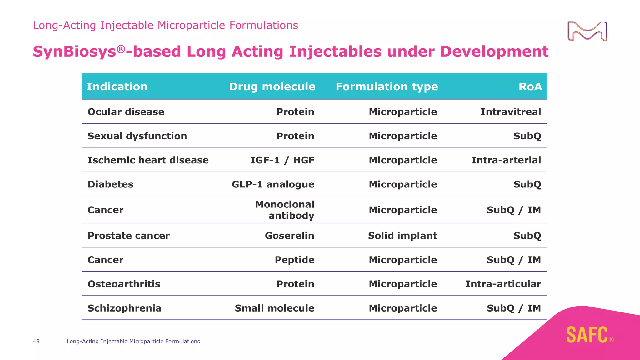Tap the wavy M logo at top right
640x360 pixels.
tap(587, 31)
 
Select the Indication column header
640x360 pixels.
tap(117, 87)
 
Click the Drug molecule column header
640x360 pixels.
tap(272, 87)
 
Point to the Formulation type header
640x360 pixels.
tap(387, 87)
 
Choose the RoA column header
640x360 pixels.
tap(530, 87)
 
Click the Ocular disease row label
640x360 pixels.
tap(126, 112)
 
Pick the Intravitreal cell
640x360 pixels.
tap(510, 112)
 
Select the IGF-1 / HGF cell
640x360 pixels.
tap(282, 160)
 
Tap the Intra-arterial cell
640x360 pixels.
tap(506, 160)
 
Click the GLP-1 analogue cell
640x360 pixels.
tap(273, 184)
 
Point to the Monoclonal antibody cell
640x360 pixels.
tap(285, 210)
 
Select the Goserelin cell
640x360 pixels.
tap(289, 236)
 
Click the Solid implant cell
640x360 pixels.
tap(402, 236)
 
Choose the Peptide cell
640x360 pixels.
tap(294, 260)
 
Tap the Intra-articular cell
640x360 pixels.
tap(503, 284)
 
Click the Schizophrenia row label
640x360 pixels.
tap(124, 308)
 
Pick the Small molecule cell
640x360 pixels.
tap(274, 308)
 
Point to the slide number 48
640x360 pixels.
tap(36, 342)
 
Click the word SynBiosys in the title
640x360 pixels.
tap(75, 52)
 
